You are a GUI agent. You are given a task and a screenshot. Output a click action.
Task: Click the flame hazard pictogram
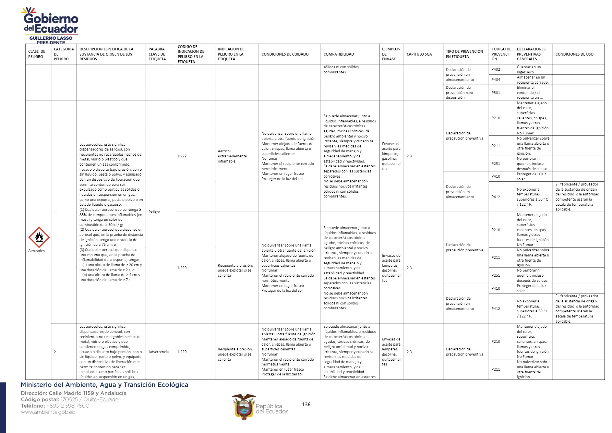pyautogui.click(x=39, y=237)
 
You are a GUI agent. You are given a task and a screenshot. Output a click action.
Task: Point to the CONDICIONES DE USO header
pyautogui.click(x=574, y=54)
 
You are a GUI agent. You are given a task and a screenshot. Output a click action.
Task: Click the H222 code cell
pyautogui.click(x=182, y=156)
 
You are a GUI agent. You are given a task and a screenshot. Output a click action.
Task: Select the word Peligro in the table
pyautogui.click(x=154, y=212)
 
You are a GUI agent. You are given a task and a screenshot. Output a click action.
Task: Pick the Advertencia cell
pyautogui.click(x=158, y=352)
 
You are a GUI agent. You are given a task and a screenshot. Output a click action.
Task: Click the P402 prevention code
pyautogui.click(x=495, y=69)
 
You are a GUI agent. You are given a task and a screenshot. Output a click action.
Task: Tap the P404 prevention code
pyautogui.click(x=495, y=80)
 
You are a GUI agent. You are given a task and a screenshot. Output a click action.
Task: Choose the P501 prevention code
pyautogui.click(x=495, y=93)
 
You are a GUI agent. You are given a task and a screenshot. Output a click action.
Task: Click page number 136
pyautogui.click(x=306, y=405)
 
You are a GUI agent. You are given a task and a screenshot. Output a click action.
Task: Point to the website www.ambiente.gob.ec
pyautogui.click(x=48, y=412)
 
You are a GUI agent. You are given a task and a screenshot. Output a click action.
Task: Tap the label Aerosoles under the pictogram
pyautogui.click(x=36, y=251)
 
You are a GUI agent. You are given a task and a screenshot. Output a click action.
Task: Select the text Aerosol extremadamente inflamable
pyautogui.click(x=232, y=156)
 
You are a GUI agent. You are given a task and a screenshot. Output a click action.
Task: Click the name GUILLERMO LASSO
pyautogui.click(x=51, y=38)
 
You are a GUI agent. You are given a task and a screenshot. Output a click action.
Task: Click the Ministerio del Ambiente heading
pyautogui.click(x=105, y=385)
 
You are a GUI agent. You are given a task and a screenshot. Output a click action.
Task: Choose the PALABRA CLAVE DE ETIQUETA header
pyautogui.click(x=157, y=54)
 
